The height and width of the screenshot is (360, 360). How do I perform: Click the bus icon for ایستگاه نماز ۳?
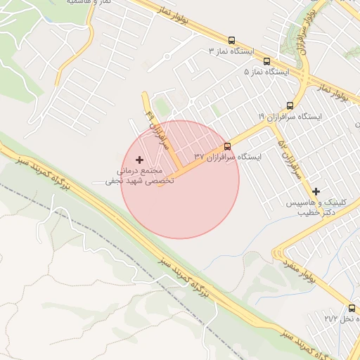[232, 40]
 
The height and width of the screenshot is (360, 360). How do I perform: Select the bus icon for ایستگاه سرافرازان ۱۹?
[290, 105]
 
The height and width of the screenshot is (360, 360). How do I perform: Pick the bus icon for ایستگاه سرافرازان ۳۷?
[227, 146]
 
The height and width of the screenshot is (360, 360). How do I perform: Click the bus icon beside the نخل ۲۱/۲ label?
[352, 308]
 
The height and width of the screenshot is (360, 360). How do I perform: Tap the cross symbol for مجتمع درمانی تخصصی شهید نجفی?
[139, 160]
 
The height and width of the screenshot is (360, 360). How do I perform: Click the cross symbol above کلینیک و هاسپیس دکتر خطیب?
[316, 191]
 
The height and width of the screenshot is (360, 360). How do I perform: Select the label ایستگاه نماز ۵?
[267, 72]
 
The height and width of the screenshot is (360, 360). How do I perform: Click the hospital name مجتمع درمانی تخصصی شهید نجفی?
[134, 176]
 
